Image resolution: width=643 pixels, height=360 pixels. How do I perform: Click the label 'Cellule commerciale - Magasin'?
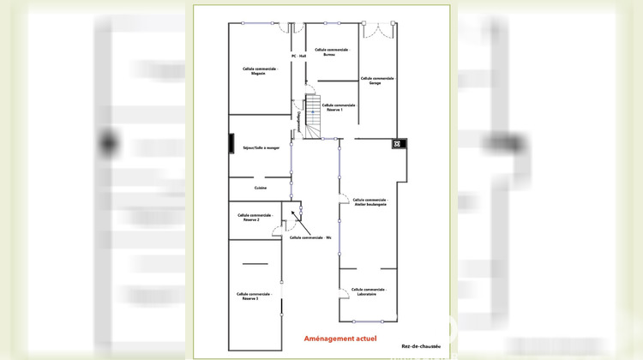pos(259,71)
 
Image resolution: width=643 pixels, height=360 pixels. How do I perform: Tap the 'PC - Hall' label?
pos(298,57)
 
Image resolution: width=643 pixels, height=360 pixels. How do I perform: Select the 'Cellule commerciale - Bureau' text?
pos(332,52)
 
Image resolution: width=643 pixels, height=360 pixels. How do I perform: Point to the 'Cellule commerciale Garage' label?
pos(376,81)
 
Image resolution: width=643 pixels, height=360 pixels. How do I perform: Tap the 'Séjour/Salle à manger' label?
pos(261,147)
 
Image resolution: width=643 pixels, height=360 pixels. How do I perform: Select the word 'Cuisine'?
pos(261,188)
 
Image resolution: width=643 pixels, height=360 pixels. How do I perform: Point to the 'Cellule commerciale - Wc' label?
pos(310,237)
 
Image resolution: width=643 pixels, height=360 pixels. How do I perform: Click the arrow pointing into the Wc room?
pos(293,213)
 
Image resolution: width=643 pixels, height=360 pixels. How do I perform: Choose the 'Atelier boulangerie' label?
pos(370,202)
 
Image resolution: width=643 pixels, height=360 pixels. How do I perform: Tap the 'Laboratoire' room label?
pos(369,291)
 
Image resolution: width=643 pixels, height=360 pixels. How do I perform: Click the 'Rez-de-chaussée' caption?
pos(421,347)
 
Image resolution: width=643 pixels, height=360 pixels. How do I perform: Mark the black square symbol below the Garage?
pos(398,143)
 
